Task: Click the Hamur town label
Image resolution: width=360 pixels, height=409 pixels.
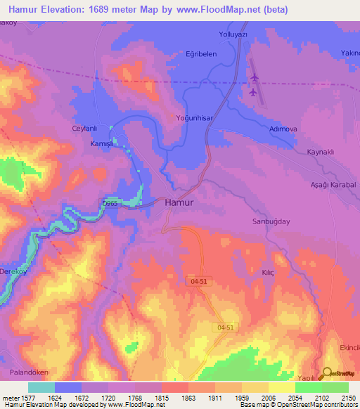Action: (179, 202)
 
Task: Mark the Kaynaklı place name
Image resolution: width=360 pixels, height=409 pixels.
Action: (325, 152)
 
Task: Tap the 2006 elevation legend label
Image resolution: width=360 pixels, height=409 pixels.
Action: (269, 397)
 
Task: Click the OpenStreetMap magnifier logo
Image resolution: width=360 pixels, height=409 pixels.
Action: (326, 374)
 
